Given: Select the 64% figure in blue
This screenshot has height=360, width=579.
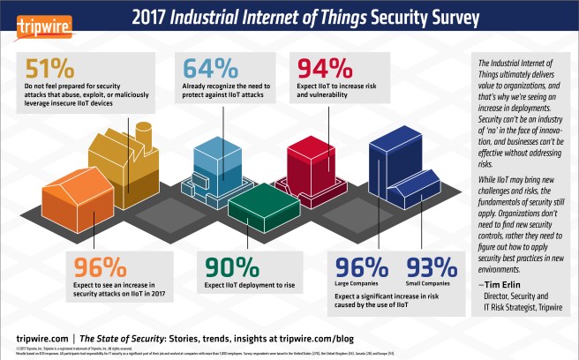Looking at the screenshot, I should click(x=208, y=69).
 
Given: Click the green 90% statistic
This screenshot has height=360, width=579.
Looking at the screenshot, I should click(x=233, y=266).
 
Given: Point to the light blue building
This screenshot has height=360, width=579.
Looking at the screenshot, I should click(x=212, y=164).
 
